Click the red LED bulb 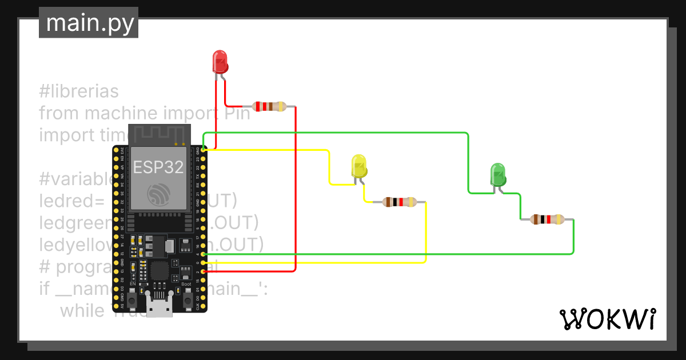point(220,61)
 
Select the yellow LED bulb point(358,165)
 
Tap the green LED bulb point(498,174)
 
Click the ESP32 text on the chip point(158,167)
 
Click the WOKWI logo point(607,319)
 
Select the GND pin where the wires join point(204,150)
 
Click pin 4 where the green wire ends point(204,254)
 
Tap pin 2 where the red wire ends point(204,271)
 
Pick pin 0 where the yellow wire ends point(204,263)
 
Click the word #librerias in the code point(79,91)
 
